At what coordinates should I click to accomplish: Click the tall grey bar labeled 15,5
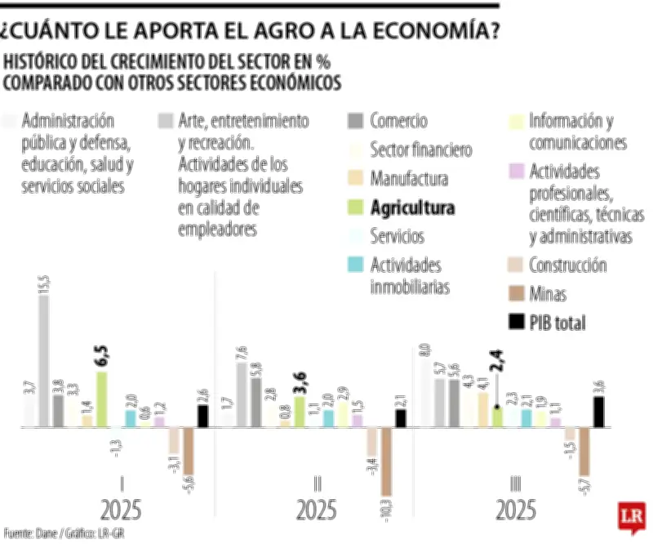point(44,361)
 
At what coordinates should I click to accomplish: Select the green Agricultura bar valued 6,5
point(102,399)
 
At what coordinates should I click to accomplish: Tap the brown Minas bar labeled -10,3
point(387,462)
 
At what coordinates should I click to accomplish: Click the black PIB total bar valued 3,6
point(598,412)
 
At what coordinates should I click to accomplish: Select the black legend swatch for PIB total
point(517,322)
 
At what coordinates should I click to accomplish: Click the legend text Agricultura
point(412,207)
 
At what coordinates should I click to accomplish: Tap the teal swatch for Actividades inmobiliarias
point(354,265)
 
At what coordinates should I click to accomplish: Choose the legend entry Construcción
point(567,265)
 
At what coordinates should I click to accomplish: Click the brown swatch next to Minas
point(517,293)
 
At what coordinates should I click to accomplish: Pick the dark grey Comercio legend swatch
point(354,122)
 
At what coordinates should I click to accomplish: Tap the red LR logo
point(631,517)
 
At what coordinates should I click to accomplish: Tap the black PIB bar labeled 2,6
point(202,416)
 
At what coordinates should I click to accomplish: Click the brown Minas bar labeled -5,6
point(189,450)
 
